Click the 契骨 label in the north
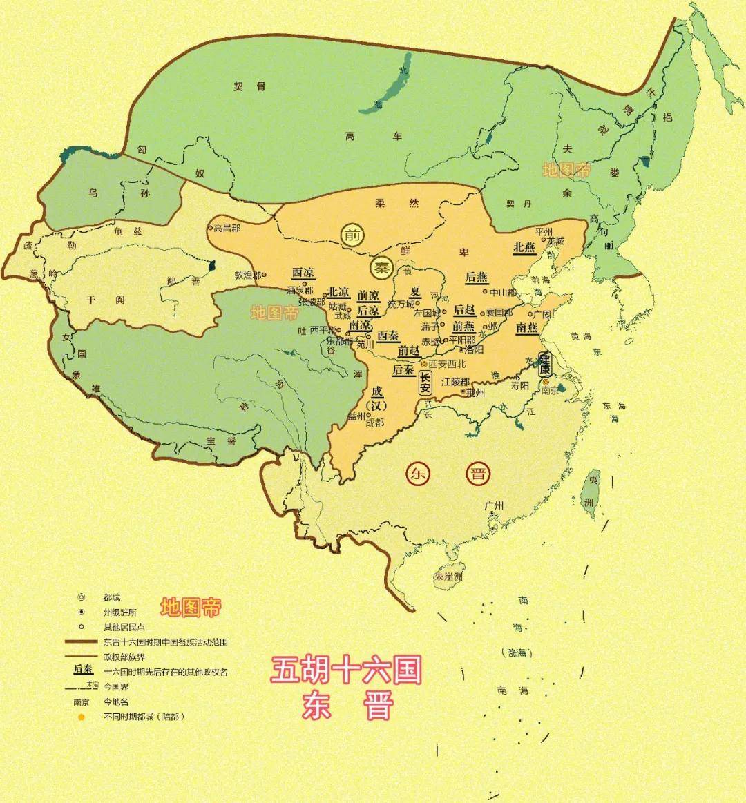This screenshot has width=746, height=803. pos(249,86)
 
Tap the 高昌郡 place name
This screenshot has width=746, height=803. pos(226,228)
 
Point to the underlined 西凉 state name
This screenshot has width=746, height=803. pos(303,273)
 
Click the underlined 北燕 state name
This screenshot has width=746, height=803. pos(524,247)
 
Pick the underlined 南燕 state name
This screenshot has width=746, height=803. pos(527,327)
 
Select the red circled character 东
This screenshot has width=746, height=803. pos(417,474)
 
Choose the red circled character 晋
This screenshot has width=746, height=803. pos(477,474)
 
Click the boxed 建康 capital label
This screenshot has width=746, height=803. pos(544,364)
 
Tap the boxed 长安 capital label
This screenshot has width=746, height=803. pos(425,381)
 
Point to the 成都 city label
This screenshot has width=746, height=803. pos(374,423)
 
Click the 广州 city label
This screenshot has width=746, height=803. pos(494,505)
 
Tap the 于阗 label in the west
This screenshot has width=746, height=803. pos(96,300)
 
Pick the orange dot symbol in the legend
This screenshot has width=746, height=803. pos(81,717)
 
